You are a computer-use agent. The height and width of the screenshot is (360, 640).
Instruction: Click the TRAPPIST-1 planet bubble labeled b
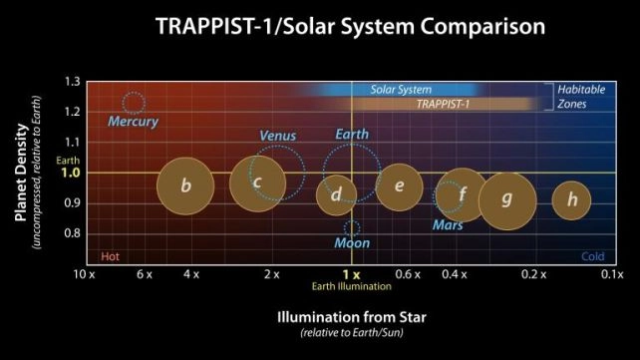click(185, 184)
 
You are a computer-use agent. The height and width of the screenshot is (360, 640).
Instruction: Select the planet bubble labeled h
click(571, 200)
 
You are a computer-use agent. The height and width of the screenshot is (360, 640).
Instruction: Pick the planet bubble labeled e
click(399, 186)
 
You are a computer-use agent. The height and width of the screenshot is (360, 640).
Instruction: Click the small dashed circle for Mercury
click(133, 102)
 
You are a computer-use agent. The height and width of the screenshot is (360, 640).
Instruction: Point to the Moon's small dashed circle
click(351, 228)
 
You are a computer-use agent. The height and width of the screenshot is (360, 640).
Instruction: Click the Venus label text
click(278, 136)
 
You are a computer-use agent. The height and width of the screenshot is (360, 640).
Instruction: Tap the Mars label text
click(448, 225)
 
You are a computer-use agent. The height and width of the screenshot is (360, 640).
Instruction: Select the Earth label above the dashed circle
click(352, 135)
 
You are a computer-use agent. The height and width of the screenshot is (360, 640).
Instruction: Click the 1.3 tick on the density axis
click(72, 81)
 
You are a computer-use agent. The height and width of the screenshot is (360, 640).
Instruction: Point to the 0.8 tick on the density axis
click(72, 233)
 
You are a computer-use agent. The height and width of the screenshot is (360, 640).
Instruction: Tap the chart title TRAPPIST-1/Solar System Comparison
click(350, 27)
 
